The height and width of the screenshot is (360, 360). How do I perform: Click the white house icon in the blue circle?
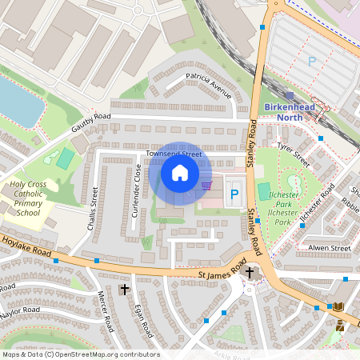pyautogui.click(x=180, y=172)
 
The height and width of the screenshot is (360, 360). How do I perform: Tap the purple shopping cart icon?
pyautogui.click(x=207, y=186)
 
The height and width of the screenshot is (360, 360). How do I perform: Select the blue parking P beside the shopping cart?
pyautogui.click(x=234, y=193)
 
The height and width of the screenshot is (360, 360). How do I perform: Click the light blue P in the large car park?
pyautogui.click(x=312, y=60)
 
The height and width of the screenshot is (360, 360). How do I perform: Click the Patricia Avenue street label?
pyautogui.click(x=208, y=86)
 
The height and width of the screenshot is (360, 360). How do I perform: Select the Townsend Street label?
pyautogui.click(x=173, y=153)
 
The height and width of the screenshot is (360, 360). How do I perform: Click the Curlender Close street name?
pyautogui.click(x=137, y=190)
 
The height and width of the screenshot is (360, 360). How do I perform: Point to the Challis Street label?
pyautogui.click(x=94, y=207)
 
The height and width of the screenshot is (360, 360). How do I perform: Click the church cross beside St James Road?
pyautogui.click(x=250, y=272)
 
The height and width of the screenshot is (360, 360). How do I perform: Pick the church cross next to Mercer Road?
pyautogui.click(x=124, y=289)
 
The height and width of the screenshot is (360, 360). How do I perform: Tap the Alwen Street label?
pyautogui.click(x=329, y=248)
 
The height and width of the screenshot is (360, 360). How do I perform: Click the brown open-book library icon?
pyautogui.click(x=339, y=306)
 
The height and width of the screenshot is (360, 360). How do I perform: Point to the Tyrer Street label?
pyautogui.click(x=293, y=150)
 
